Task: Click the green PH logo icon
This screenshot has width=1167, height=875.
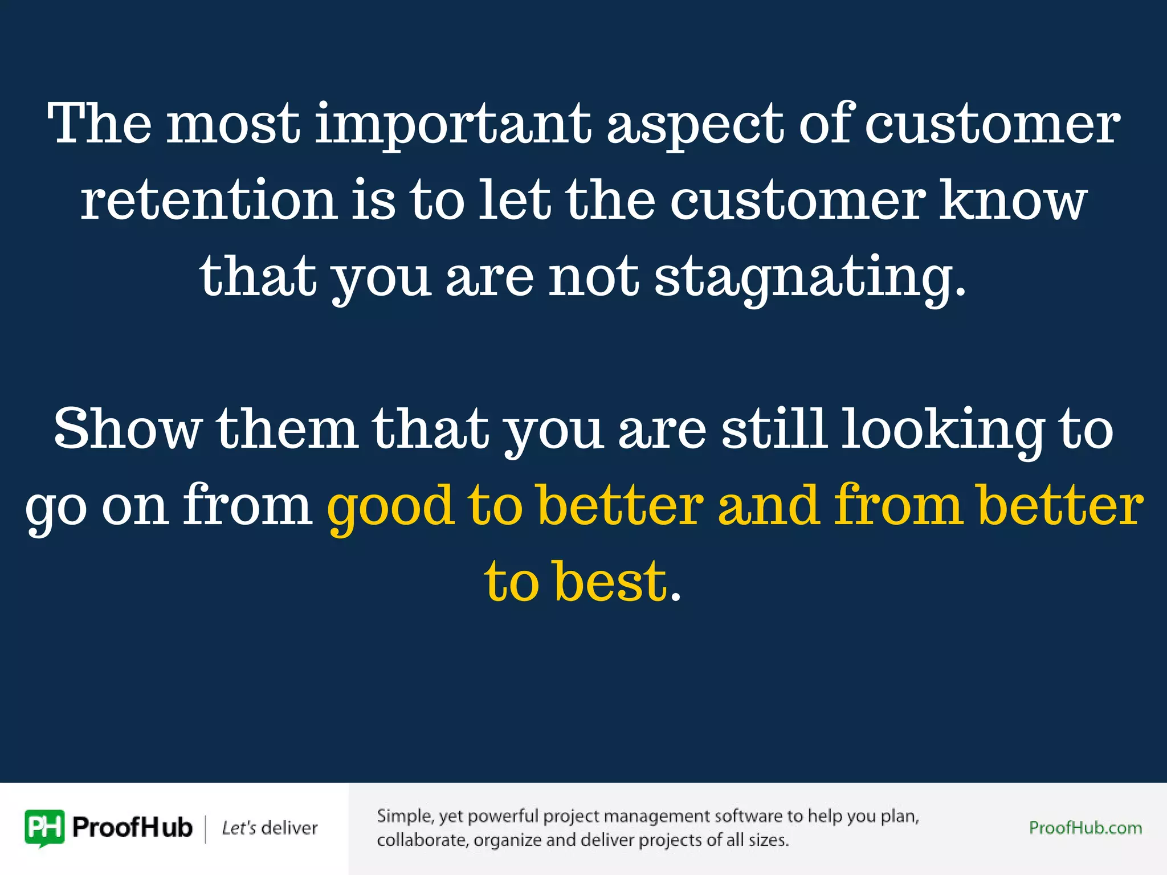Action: (x=44, y=828)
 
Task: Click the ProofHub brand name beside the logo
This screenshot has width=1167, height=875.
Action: (x=132, y=828)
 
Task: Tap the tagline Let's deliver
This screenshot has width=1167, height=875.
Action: (x=270, y=828)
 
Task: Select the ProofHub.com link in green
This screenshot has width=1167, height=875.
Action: (x=1085, y=828)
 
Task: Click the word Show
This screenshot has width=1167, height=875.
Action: (x=128, y=428)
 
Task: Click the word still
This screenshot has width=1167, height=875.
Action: (x=774, y=428)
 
